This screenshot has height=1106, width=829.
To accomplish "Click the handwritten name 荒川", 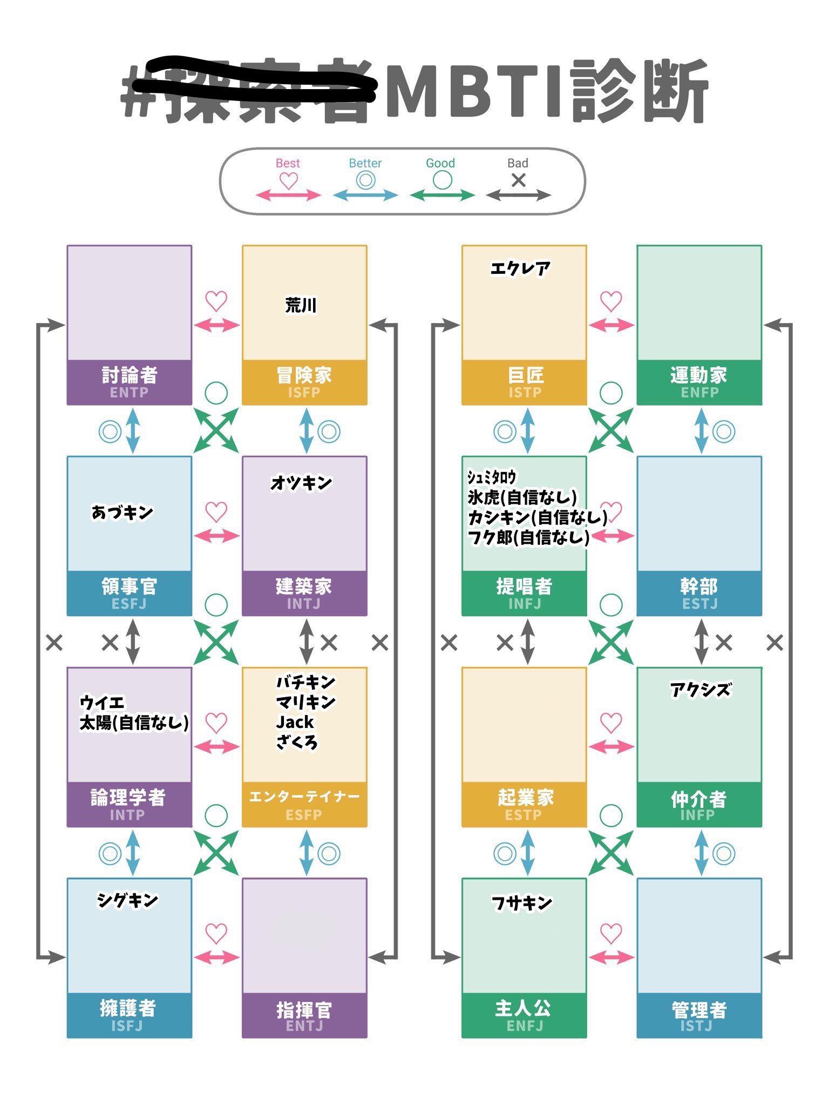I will pos(301,306).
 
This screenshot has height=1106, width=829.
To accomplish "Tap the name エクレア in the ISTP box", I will pos(520,268).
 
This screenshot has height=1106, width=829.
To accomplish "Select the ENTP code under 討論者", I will pos(129,393).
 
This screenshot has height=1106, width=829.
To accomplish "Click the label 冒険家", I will pos(304,374).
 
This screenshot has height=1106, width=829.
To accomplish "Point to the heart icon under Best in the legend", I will pos(288,181).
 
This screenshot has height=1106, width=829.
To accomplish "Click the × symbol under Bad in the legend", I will pos(518,180).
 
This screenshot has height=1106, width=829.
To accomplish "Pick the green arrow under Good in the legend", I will pos(442,195).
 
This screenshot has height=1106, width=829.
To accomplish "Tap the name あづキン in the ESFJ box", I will pos(123,512).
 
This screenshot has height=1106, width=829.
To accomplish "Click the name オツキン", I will pos(301,483).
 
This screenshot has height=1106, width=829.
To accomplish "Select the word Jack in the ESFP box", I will pos(295,722).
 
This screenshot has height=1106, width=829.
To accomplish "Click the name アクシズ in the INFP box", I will pos(701,690).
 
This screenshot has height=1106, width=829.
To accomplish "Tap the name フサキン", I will pos(521,902).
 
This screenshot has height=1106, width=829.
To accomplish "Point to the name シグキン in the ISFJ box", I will pos(127,900).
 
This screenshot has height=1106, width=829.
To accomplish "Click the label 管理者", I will pos(699,1009).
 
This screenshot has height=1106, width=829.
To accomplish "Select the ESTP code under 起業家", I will pos(523,815).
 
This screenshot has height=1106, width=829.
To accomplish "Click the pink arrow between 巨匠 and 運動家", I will pos(611,325).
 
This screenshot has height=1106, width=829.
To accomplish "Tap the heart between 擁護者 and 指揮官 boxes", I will pos(216,933).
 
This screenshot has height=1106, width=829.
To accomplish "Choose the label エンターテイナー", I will pos(304,797).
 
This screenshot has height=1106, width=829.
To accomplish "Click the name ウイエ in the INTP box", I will pos(102,703).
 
